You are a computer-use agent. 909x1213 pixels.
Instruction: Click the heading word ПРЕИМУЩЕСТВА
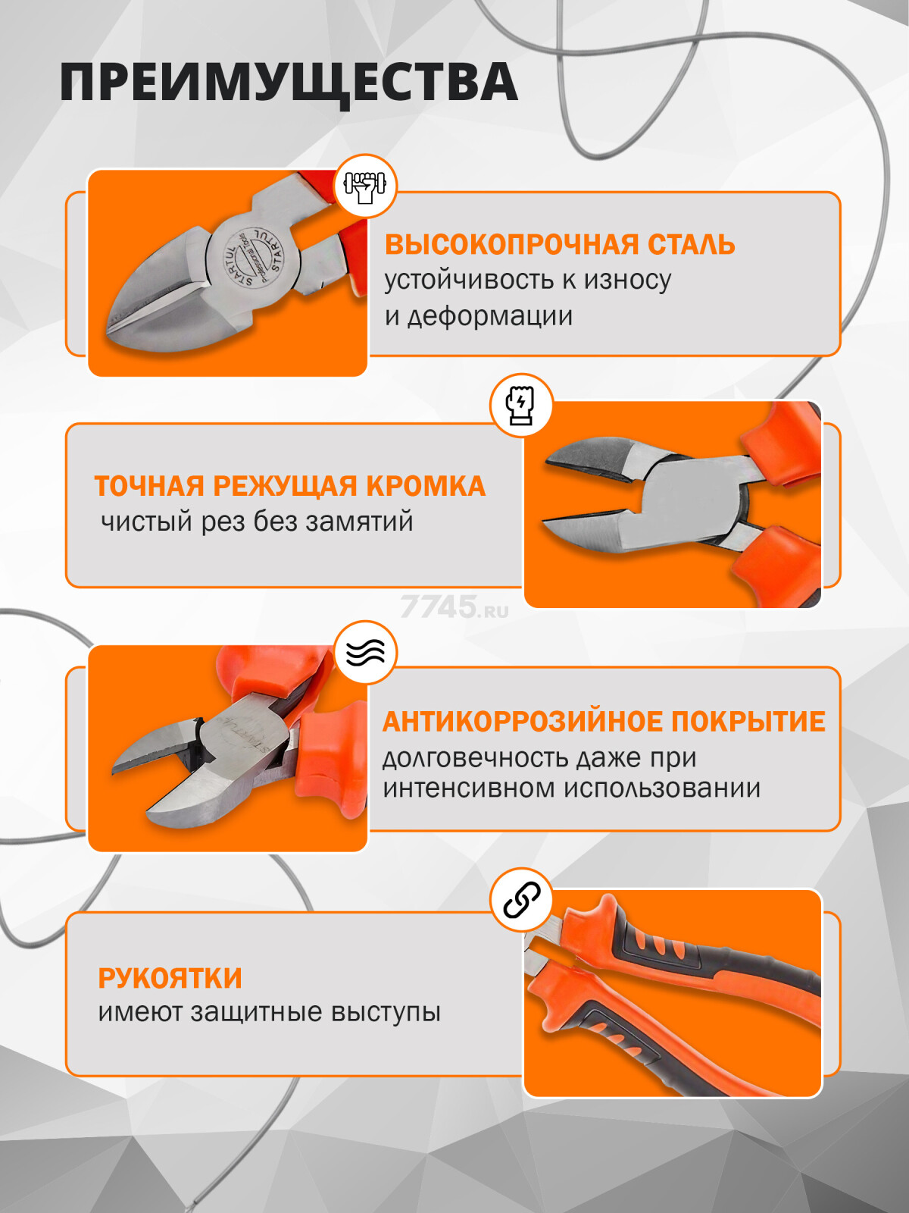(x=289, y=83)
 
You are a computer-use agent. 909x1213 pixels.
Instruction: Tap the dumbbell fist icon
(x=365, y=186)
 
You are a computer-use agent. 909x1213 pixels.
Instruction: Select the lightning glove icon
(x=521, y=404)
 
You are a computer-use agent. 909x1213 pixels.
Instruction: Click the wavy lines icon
(x=365, y=652)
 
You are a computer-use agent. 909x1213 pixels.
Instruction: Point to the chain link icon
(x=522, y=900)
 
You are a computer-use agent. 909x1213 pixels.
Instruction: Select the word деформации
(x=489, y=315)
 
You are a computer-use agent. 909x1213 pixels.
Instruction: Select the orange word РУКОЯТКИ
(x=170, y=978)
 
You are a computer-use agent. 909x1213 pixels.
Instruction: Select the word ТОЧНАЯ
(x=149, y=486)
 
